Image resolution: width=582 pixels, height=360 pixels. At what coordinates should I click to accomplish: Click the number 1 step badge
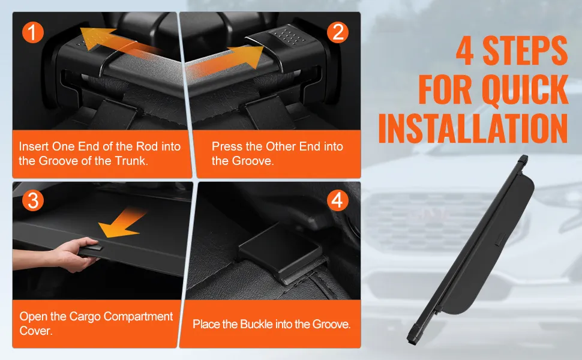coord(33,32)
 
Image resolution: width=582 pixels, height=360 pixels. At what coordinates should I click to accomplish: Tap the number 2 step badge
coord(337,32)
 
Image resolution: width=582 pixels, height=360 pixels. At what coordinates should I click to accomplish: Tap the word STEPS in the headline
coord(525,50)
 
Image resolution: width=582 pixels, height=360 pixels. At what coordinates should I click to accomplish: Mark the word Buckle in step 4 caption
coord(256,324)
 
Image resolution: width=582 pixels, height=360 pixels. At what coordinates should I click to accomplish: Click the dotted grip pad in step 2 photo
coord(290,35)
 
